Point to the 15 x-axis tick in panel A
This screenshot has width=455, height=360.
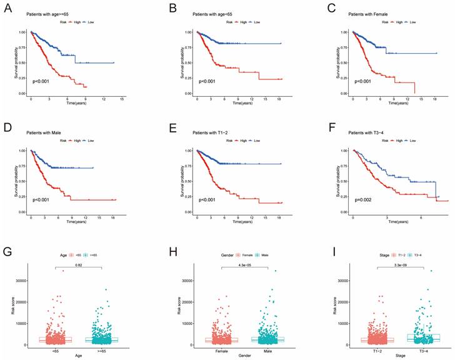tap(122, 99)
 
